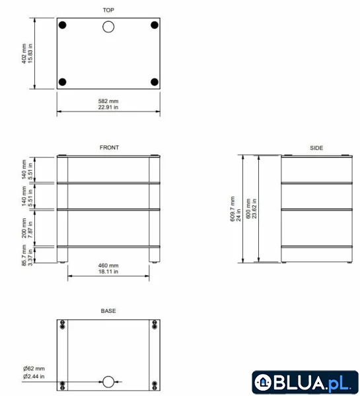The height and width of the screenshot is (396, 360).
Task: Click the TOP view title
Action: pos(108,10)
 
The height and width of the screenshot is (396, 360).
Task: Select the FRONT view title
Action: pos(109,147)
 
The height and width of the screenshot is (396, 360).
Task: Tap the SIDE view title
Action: pos(316,148)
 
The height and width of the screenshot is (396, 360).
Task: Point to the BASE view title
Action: pos(108,311)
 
